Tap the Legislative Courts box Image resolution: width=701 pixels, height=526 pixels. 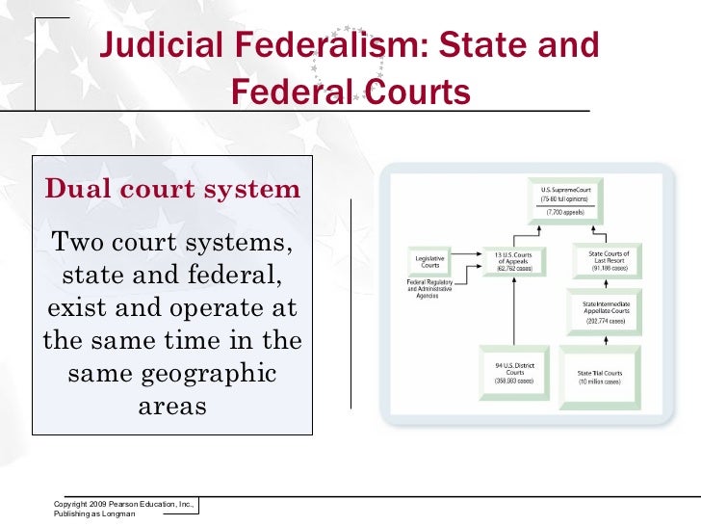[x=429, y=262]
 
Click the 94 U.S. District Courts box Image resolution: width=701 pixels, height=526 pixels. [x=514, y=372]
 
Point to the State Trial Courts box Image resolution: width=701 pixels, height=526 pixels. [x=599, y=376]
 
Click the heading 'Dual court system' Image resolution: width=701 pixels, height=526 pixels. [x=172, y=188]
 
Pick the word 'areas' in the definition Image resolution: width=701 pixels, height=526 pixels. [x=172, y=405]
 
